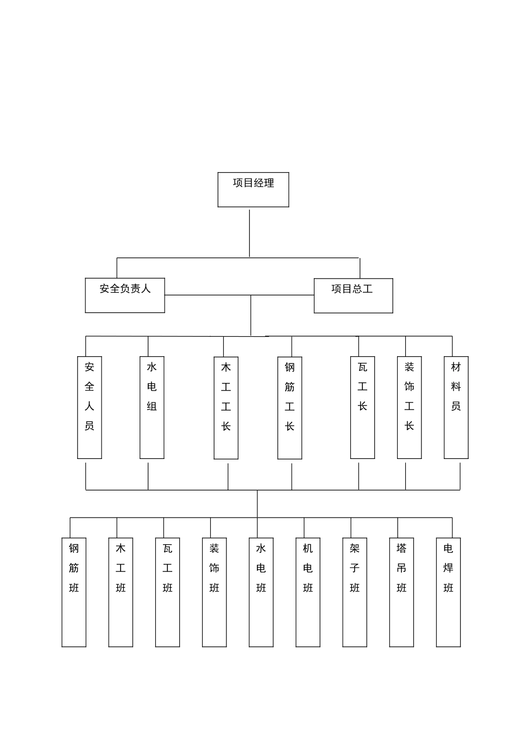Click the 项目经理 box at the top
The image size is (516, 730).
[x=253, y=190]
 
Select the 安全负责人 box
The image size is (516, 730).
[x=125, y=295]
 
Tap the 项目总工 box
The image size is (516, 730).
[x=353, y=295]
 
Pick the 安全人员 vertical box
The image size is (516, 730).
[x=90, y=407]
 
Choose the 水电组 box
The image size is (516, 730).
[x=152, y=407]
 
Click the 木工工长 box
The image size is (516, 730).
[x=226, y=407]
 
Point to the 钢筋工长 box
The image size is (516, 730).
[x=290, y=407]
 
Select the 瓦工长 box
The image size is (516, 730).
[x=362, y=407]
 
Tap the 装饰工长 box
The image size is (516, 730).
[x=409, y=407]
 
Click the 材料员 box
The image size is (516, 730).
[x=456, y=407]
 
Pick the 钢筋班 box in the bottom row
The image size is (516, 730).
[x=74, y=592]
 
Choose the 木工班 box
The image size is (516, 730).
[x=121, y=592]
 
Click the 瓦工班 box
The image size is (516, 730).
[x=167, y=592]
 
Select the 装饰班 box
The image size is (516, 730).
[x=215, y=592]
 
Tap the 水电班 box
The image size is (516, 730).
[x=261, y=592]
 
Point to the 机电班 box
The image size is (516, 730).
[x=308, y=592]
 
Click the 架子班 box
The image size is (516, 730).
[x=355, y=592]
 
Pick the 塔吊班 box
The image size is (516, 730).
[x=401, y=592]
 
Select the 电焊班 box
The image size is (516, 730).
[x=449, y=592]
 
